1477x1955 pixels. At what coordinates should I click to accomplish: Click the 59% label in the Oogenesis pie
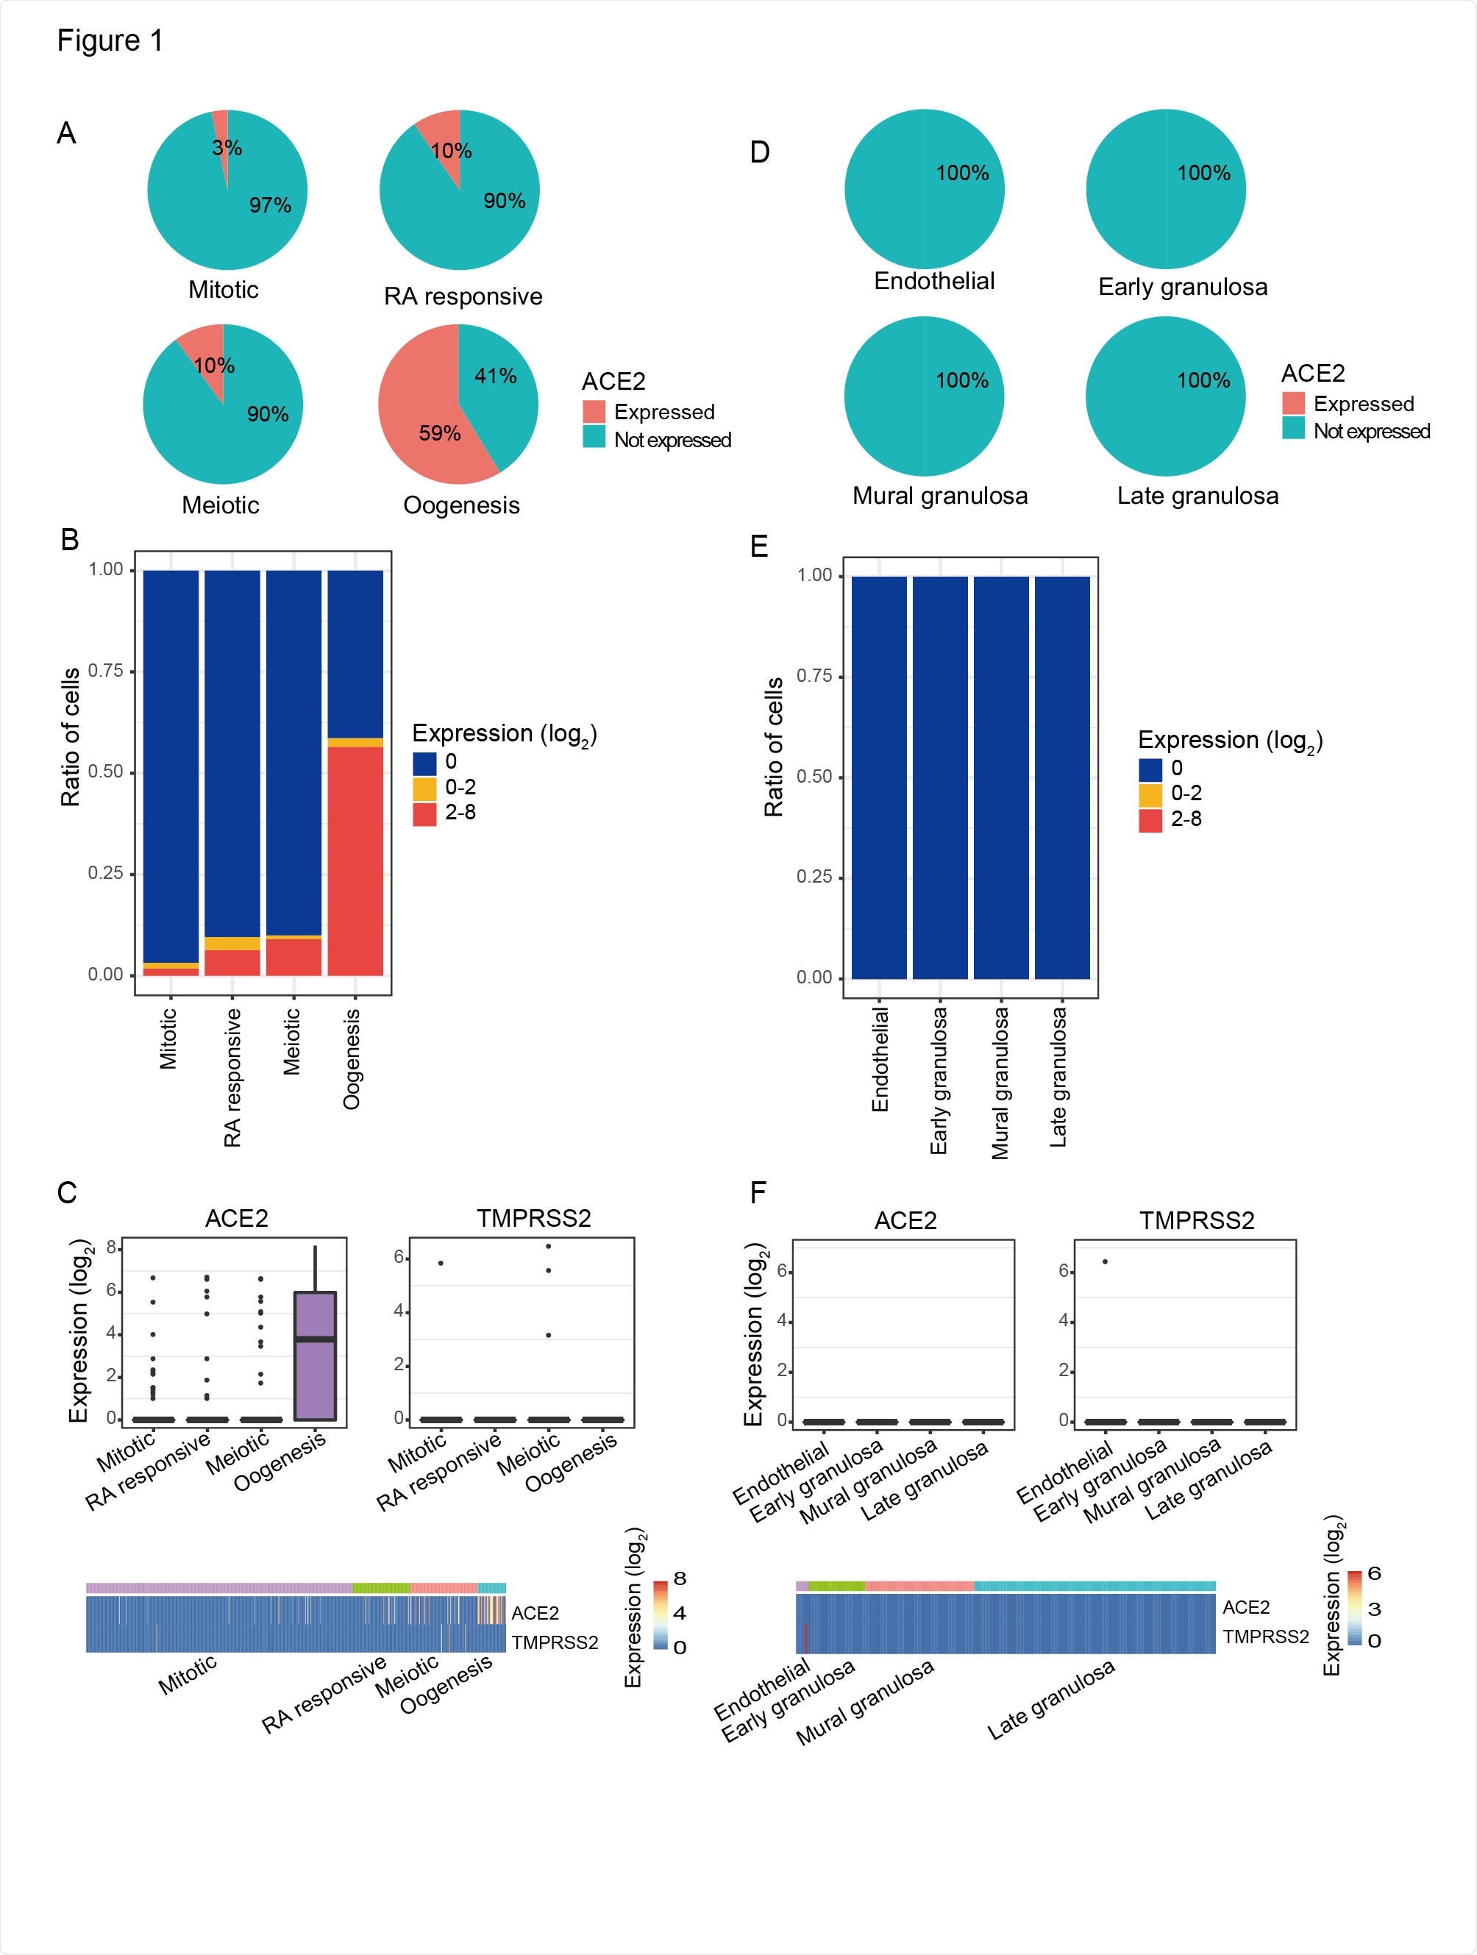[x=439, y=433]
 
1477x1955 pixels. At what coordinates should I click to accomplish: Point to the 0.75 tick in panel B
[x=105, y=671]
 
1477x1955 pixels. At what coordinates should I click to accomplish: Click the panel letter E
[x=758, y=546]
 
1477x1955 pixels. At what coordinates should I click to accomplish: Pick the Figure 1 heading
[x=110, y=40]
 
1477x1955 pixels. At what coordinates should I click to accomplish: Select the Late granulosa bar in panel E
[x=1061, y=777]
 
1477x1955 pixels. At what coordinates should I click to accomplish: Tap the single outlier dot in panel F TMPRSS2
[x=1105, y=1261]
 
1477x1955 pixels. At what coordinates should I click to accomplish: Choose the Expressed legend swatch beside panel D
[x=1293, y=404]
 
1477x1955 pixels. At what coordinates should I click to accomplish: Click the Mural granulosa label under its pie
[x=939, y=496]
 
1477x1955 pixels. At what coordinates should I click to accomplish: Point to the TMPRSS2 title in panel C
[x=533, y=1219]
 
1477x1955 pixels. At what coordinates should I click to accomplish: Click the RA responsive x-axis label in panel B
[x=232, y=1078]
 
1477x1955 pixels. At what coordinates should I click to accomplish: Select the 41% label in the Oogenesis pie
[x=495, y=376]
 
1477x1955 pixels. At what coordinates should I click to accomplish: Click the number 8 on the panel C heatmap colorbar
[x=679, y=1578]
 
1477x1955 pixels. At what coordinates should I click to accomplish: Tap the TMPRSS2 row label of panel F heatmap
[x=1265, y=1637]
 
